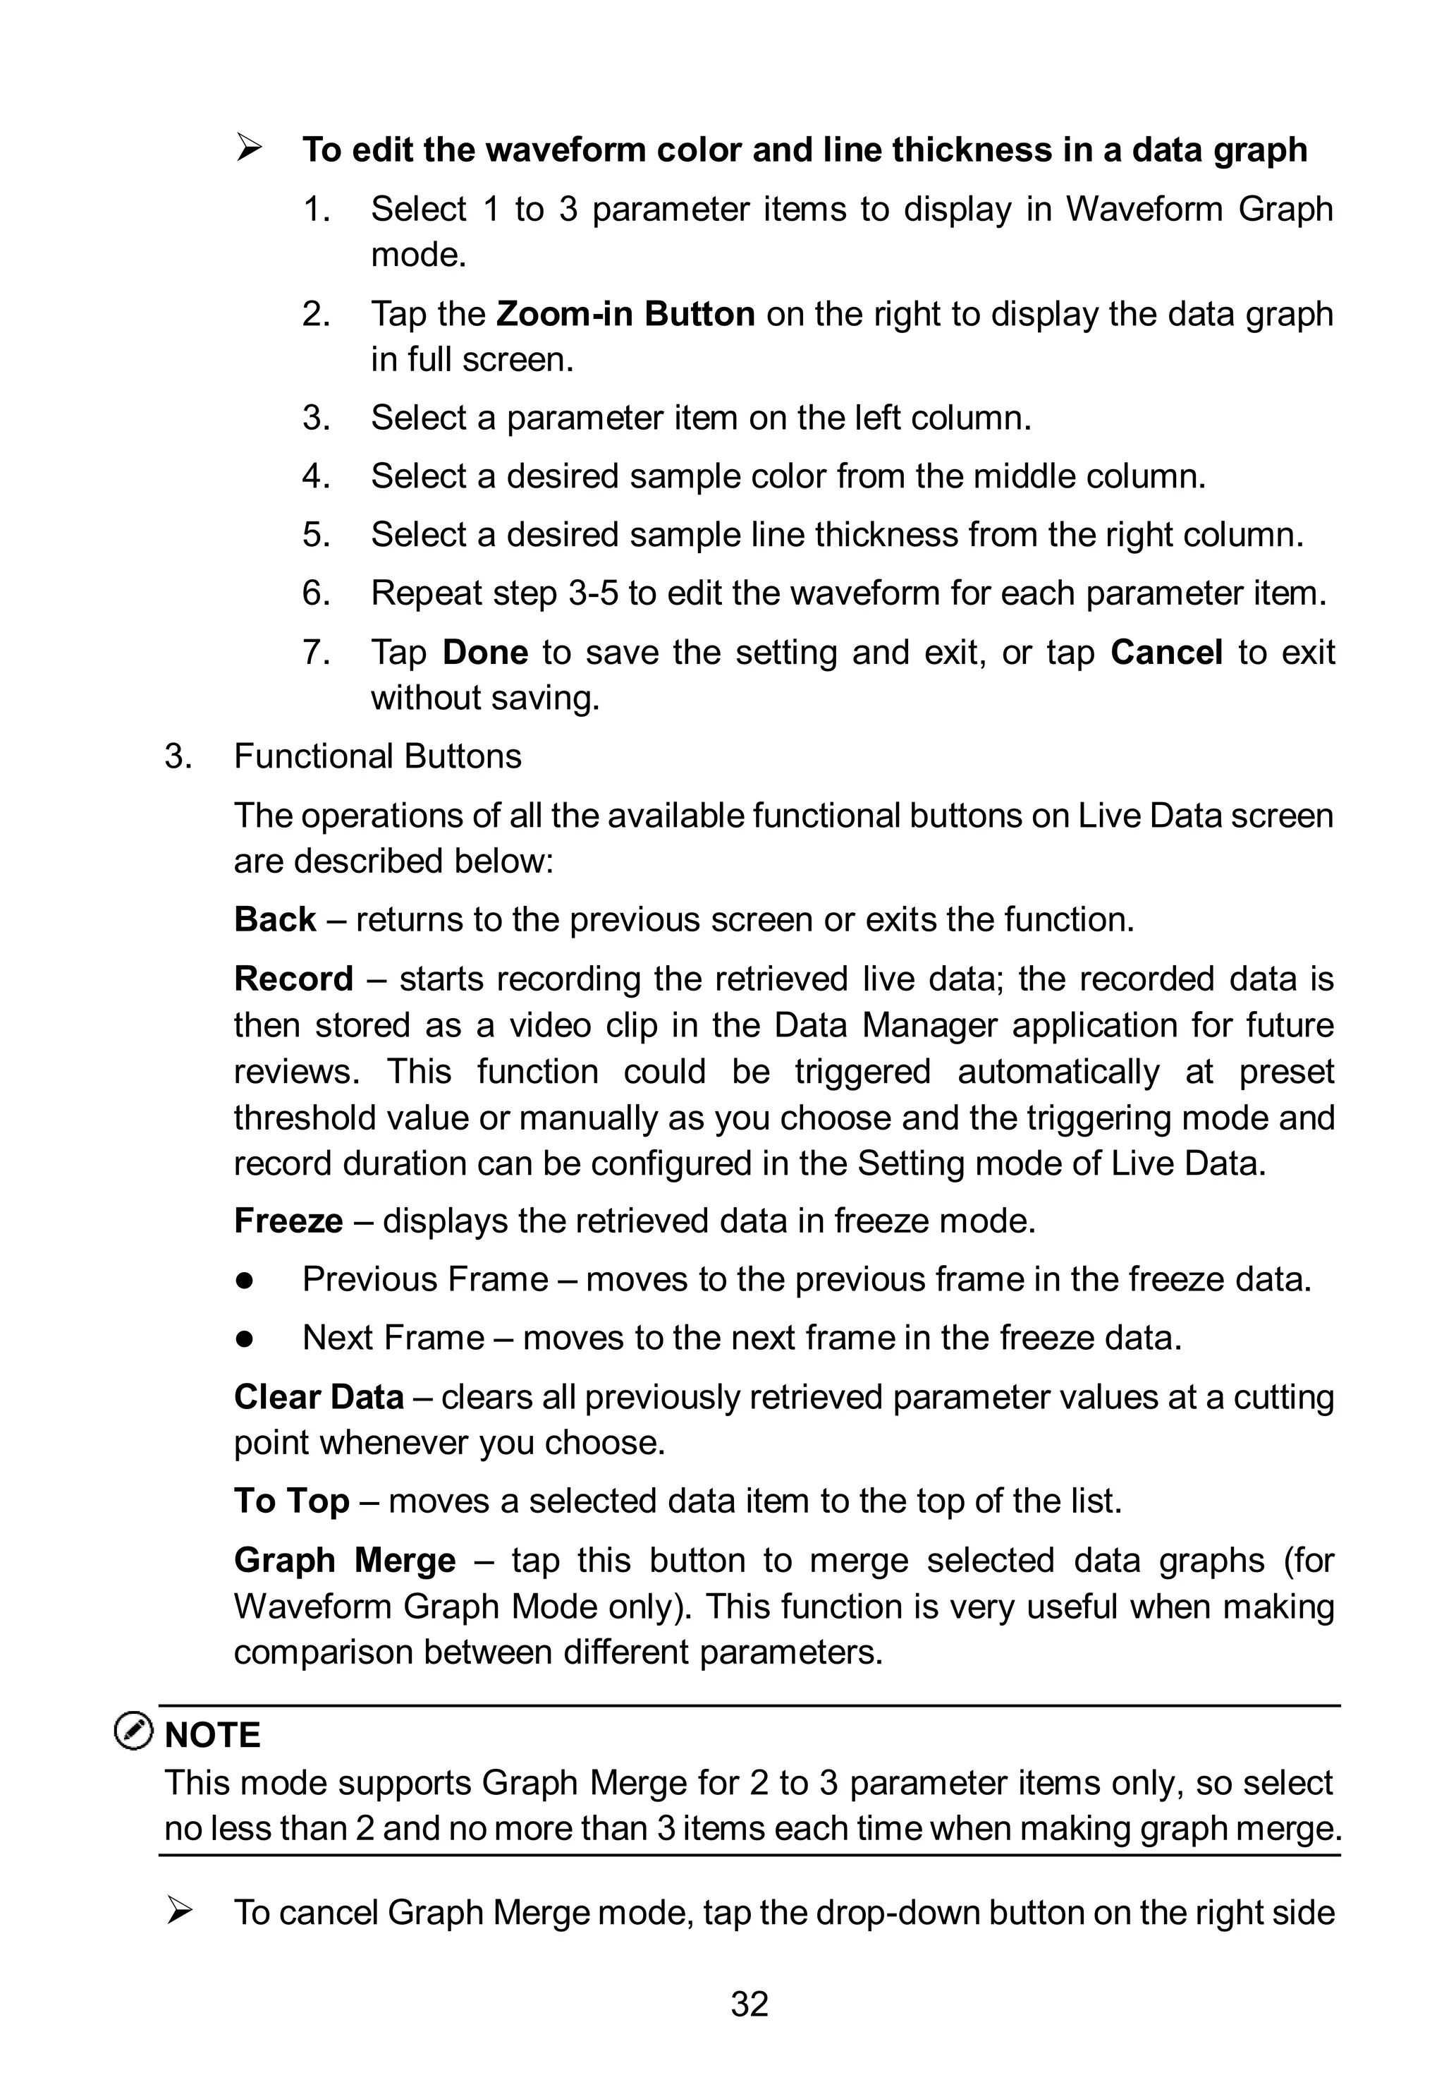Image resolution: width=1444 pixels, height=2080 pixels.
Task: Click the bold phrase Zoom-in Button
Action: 625,314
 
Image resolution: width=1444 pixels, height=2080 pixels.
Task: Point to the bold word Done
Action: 485,652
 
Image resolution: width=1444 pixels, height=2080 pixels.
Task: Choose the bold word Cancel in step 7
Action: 1166,652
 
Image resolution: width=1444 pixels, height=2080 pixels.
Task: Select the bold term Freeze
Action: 288,1221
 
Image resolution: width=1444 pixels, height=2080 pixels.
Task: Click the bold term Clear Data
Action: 319,1396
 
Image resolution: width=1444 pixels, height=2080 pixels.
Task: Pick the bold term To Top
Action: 291,1501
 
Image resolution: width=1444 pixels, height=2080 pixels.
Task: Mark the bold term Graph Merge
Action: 345,1561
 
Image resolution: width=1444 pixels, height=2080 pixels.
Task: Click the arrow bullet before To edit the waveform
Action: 249,147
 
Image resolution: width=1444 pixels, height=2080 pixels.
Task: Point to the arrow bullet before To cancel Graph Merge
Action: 180,1911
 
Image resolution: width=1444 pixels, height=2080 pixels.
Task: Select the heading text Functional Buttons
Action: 377,756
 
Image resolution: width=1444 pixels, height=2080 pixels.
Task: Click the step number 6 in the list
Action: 315,594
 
